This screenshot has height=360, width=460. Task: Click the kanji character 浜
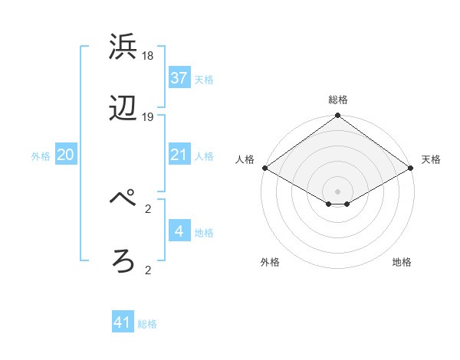pos(124,47)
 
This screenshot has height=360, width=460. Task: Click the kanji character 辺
pos(124,110)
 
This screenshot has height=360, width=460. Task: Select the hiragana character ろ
pos(124,261)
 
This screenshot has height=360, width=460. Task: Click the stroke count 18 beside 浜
pos(149,56)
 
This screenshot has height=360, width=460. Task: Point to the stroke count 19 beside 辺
pos(149,117)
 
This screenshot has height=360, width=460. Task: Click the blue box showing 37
pos(179,78)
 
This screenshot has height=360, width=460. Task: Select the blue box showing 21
pos(179,155)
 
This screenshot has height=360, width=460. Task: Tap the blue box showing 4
pos(179,231)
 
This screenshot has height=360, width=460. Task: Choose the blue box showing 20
pos(66,155)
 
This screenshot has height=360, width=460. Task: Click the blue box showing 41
pos(123,323)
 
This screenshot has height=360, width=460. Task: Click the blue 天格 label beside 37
pos(204,79)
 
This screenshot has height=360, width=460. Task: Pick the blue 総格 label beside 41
pos(147,324)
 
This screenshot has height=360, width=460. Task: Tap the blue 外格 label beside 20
pos(41,156)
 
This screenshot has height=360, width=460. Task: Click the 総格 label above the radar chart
pos(338,100)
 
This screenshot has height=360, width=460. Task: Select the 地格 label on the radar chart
pos(402,262)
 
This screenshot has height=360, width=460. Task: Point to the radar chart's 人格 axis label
pos(245,159)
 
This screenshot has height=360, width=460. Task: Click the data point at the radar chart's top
pos(338,116)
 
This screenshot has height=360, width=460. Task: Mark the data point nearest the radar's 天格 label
pos(412,168)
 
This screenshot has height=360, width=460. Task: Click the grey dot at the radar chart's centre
pos(338,191)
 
